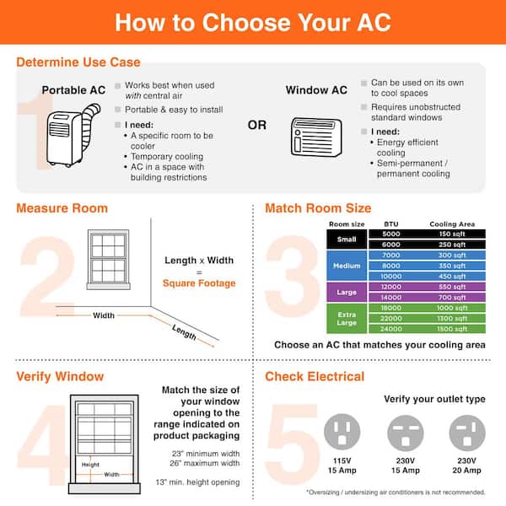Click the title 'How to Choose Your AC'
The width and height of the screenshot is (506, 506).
(x=253, y=22)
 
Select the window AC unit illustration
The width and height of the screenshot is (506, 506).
(x=316, y=134)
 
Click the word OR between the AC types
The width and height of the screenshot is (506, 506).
(x=258, y=126)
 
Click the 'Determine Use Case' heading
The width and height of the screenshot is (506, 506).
(x=78, y=62)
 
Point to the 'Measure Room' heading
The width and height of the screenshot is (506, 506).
(x=62, y=207)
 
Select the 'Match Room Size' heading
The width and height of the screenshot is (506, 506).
(x=318, y=207)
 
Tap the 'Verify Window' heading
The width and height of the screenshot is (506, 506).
(x=60, y=376)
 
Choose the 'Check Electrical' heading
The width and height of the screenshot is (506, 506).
(x=315, y=376)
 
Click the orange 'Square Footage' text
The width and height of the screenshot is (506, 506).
(x=200, y=284)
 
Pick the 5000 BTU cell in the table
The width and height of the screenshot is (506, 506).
(x=391, y=234)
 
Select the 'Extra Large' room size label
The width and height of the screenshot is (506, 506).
(x=346, y=318)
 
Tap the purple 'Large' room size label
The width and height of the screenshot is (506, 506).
(x=346, y=292)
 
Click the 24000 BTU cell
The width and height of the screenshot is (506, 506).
(x=391, y=329)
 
